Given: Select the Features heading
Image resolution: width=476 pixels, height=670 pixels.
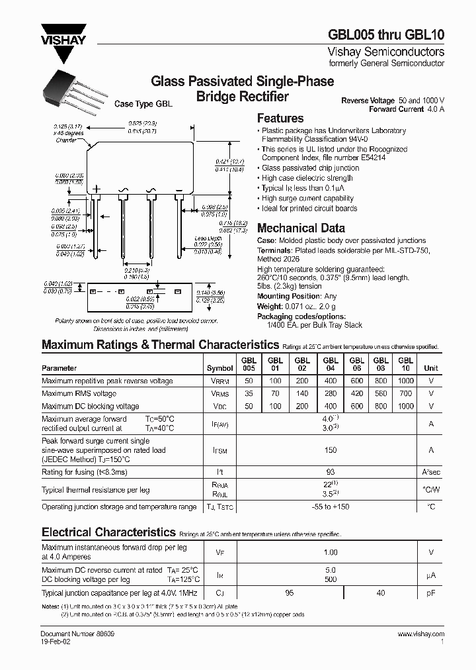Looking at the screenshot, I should (280, 119).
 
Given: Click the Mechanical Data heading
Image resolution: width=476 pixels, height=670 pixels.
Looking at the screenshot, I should (300, 228).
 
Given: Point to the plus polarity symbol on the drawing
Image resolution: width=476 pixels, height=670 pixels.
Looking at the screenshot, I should (97, 189).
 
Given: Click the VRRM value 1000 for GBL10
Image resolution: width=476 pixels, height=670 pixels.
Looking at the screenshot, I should (406, 381).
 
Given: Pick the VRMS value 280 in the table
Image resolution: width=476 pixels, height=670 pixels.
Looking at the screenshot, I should (330, 393).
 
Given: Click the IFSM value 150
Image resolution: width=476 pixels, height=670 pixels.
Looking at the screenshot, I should (331, 450).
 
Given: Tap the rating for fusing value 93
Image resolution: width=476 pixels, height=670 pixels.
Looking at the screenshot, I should (331, 471).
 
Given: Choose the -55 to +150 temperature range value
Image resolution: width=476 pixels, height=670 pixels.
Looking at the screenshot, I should (331, 506).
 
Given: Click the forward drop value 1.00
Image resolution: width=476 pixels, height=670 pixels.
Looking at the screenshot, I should (331, 552).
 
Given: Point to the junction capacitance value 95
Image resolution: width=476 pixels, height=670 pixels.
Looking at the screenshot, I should (289, 593).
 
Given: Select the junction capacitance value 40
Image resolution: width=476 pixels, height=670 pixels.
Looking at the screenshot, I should (381, 593).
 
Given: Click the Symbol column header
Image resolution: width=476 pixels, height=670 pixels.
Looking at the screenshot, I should (219, 368).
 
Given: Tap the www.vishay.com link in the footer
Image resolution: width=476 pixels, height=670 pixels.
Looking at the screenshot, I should (420, 635).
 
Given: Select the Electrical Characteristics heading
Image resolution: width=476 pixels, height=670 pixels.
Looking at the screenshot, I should (108, 532).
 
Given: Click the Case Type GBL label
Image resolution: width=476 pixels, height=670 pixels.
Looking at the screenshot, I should (143, 104).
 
